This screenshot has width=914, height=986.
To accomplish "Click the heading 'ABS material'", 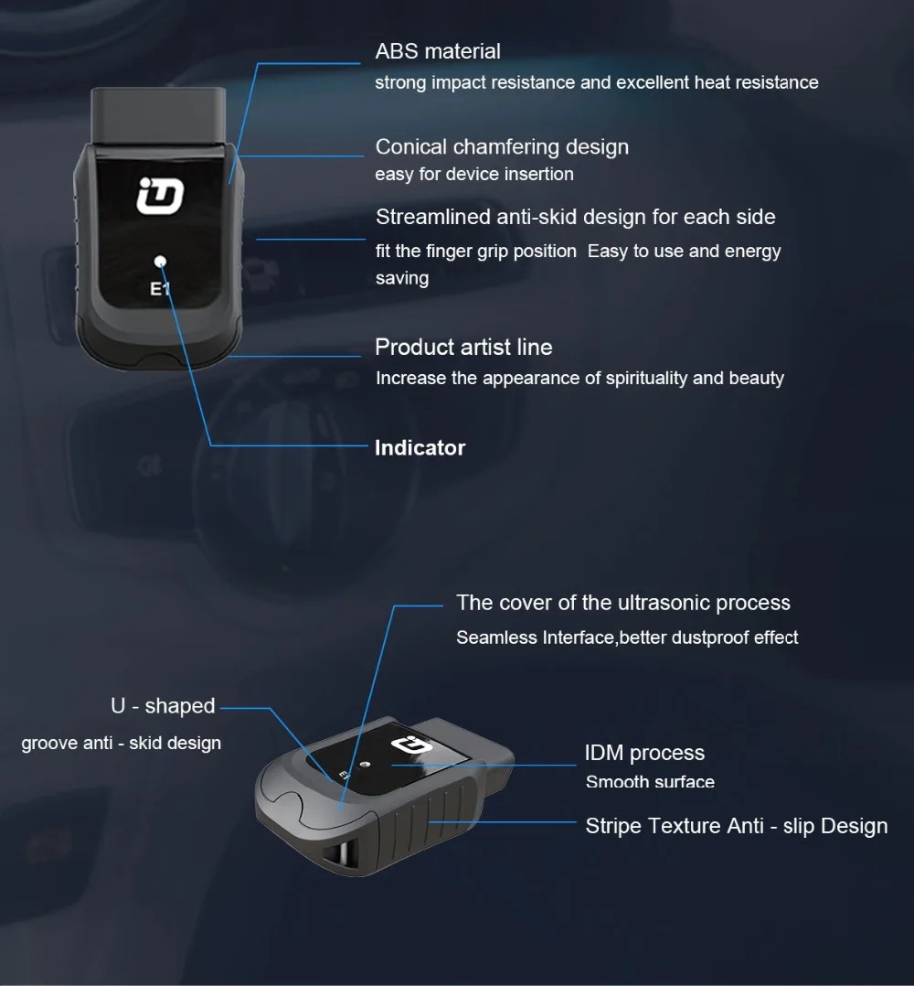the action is (438, 51).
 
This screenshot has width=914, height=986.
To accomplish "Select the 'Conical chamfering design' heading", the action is (502, 146).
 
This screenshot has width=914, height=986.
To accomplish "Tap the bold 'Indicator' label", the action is (420, 447).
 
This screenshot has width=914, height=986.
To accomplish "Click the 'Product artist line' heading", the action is (463, 348).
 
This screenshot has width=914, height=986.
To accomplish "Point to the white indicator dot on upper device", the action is (161, 262).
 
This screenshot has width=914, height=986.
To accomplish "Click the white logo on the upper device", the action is (161, 197).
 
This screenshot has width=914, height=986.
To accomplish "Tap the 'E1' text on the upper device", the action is (161, 291).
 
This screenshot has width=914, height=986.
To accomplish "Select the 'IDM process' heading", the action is (644, 753).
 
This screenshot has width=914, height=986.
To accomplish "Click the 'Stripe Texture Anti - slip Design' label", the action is (736, 826).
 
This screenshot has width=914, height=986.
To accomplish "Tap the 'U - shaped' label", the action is (163, 706).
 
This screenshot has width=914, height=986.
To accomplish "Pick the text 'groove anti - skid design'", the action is (122, 743).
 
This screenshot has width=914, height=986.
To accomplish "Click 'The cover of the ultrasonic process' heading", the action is (623, 603).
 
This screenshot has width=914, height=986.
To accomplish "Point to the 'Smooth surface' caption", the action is (650, 782).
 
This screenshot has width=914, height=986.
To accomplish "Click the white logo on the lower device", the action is (404, 746).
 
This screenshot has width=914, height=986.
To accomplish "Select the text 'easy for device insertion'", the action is (474, 174).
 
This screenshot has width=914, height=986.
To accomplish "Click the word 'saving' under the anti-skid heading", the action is (402, 278).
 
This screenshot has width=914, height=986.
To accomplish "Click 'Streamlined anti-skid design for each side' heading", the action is (575, 217).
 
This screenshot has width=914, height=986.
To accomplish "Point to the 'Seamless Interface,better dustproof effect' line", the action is (627, 638).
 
